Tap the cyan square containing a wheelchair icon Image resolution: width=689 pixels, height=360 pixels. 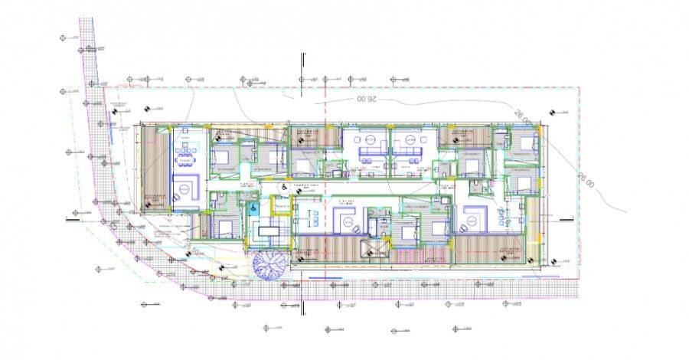[249, 206]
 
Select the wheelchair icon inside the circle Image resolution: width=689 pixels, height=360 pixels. [282, 186]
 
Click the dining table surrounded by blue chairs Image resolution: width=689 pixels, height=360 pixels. [186, 159]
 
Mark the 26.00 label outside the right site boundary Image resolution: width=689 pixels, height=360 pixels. [584, 182]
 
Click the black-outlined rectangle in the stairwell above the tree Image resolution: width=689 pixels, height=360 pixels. [269, 231]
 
